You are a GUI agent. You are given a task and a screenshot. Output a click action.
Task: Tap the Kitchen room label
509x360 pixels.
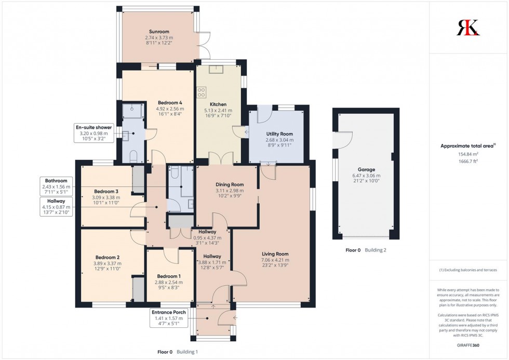(218, 104)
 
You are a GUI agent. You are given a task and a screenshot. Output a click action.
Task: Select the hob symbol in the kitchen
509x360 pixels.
(201, 92)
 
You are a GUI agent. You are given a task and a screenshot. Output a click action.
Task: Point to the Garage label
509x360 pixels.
(366, 169)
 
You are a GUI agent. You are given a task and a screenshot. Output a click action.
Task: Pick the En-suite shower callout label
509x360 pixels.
(94, 127)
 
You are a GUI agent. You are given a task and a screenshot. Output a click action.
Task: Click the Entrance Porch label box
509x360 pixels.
(168, 312)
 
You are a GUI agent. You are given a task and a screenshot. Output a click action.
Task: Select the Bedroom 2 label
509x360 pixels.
(108, 257)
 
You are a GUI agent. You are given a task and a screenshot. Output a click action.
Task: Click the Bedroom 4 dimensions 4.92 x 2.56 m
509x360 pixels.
(169, 109)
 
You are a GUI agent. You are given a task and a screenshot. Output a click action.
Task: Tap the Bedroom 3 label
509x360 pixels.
(106, 191)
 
